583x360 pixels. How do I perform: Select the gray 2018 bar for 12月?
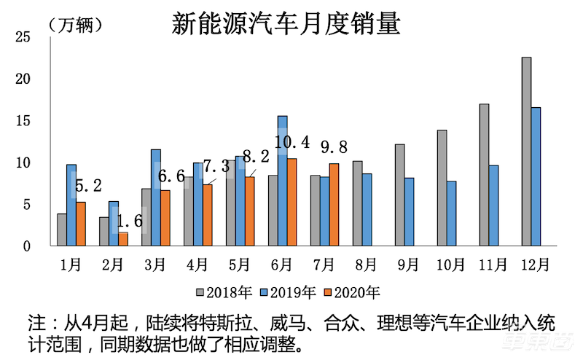pos(526,152)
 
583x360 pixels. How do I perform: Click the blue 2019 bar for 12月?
pos(536,177)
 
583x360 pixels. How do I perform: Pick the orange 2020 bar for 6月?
pos(291,203)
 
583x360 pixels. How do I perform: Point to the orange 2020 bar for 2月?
pos(122,240)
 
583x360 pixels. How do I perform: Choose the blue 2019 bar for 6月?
pos(282,181)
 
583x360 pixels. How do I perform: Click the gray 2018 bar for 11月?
pos(484,175)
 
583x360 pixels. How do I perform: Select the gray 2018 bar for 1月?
pos(62,230)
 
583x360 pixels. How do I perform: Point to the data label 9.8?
pos(334,148)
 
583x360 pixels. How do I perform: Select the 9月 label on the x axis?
pos(407,264)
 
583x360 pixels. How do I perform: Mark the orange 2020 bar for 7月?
pos(334,205)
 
